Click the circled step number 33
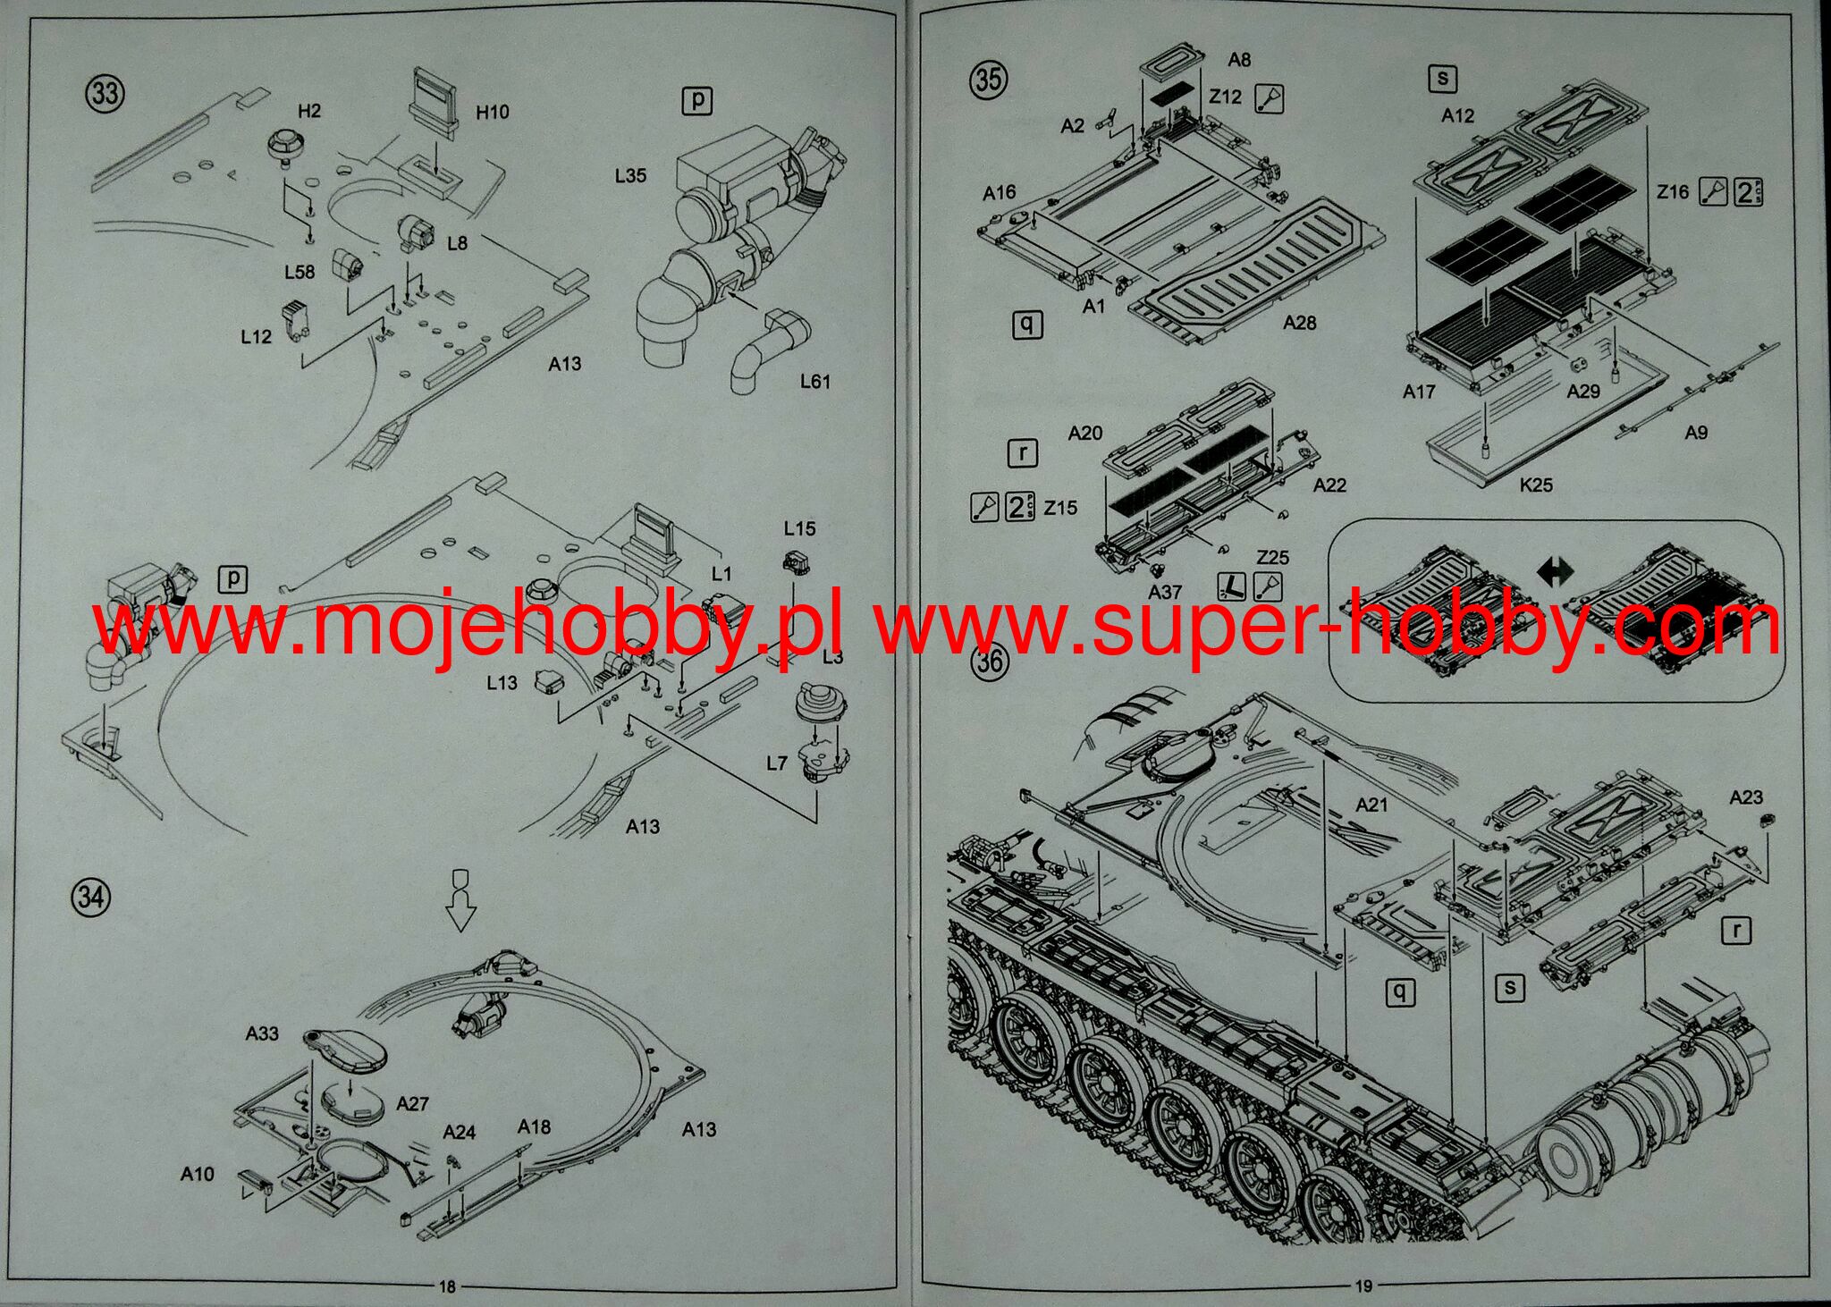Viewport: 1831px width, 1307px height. coord(105,93)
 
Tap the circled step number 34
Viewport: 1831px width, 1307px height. coord(91,897)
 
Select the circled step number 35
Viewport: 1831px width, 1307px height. coord(987,80)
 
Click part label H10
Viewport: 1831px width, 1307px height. coord(492,112)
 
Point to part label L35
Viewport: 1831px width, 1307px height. coord(630,175)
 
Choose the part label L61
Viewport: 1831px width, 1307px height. coord(814,381)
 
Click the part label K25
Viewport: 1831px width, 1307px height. coord(1536,485)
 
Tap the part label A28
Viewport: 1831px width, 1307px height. coord(1299,323)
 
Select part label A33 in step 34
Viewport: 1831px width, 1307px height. coord(262,1033)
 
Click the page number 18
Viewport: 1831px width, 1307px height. coord(447,1286)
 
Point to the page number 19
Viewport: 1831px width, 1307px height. coord(1363,1286)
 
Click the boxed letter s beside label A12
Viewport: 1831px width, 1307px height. coord(1442,79)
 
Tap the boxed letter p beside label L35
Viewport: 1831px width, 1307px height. coord(696,100)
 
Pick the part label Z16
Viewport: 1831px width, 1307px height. coord(1673,191)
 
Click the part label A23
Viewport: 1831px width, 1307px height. coord(1746,797)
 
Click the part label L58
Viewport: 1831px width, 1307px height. coord(300,272)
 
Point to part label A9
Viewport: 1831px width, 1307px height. coord(1696,433)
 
